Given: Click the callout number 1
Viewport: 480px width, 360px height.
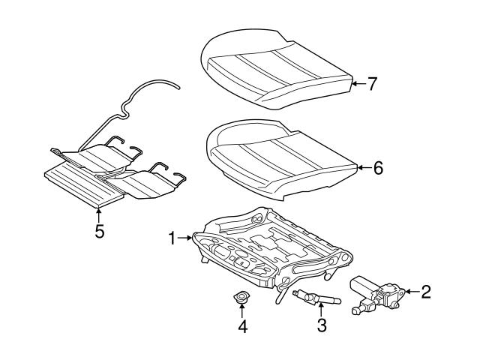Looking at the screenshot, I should (x=172, y=238).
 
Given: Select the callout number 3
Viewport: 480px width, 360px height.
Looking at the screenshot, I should (x=322, y=325).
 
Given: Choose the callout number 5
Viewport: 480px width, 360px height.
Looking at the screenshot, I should (x=99, y=231).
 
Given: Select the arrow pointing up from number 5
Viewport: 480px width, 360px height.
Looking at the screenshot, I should (x=99, y=214).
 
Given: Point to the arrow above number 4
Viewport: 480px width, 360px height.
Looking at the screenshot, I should (x=242, y=311).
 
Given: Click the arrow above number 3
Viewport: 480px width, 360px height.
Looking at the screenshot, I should (x=322, y=310).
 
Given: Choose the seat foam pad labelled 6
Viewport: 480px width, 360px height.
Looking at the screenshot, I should (x=281, y=157).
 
